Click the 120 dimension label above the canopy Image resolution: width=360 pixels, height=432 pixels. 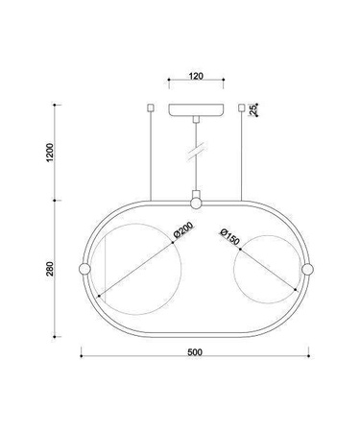coord(195,73)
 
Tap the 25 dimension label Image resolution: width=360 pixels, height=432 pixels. coord(253,110)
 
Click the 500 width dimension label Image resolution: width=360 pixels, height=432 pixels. coord(195,352)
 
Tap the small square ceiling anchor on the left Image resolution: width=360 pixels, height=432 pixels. coord(150,107)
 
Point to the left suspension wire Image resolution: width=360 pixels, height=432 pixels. coord(150,154)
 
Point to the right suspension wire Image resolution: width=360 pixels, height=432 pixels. coord(240,154)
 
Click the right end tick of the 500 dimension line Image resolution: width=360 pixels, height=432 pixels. coord(311,359)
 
